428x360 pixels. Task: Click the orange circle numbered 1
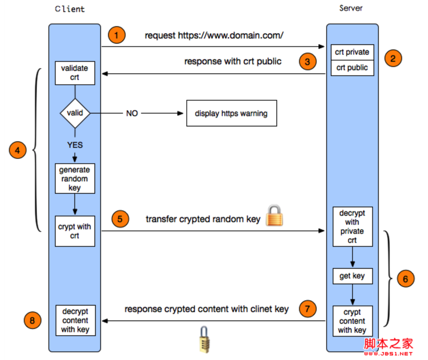coord(117,35)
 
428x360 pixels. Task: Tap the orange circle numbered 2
coord(393,58)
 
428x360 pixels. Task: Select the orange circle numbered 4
coord(18,151)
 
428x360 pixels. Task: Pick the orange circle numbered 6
coord(406,278)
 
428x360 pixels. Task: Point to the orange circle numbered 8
coord(32,321)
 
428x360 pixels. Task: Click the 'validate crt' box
coord(74,73)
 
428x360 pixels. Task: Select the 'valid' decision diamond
coord(75,113)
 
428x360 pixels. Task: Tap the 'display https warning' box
coord(231,113)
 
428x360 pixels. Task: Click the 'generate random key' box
coord(74,179)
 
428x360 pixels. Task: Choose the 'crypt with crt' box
coord(74,231)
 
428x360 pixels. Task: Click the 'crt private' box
coord(352,52)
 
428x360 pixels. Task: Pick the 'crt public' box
coord(352,68)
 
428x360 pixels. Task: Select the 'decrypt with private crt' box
coord(352,227)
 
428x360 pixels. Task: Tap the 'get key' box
coord(352,276)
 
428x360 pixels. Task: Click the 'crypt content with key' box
coord(352,321)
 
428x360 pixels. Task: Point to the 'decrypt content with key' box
coord(75,321)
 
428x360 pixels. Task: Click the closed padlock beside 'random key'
coord(274,216)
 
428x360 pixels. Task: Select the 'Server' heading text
coord(351,8)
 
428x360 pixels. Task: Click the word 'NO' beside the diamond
coord(132,113)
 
